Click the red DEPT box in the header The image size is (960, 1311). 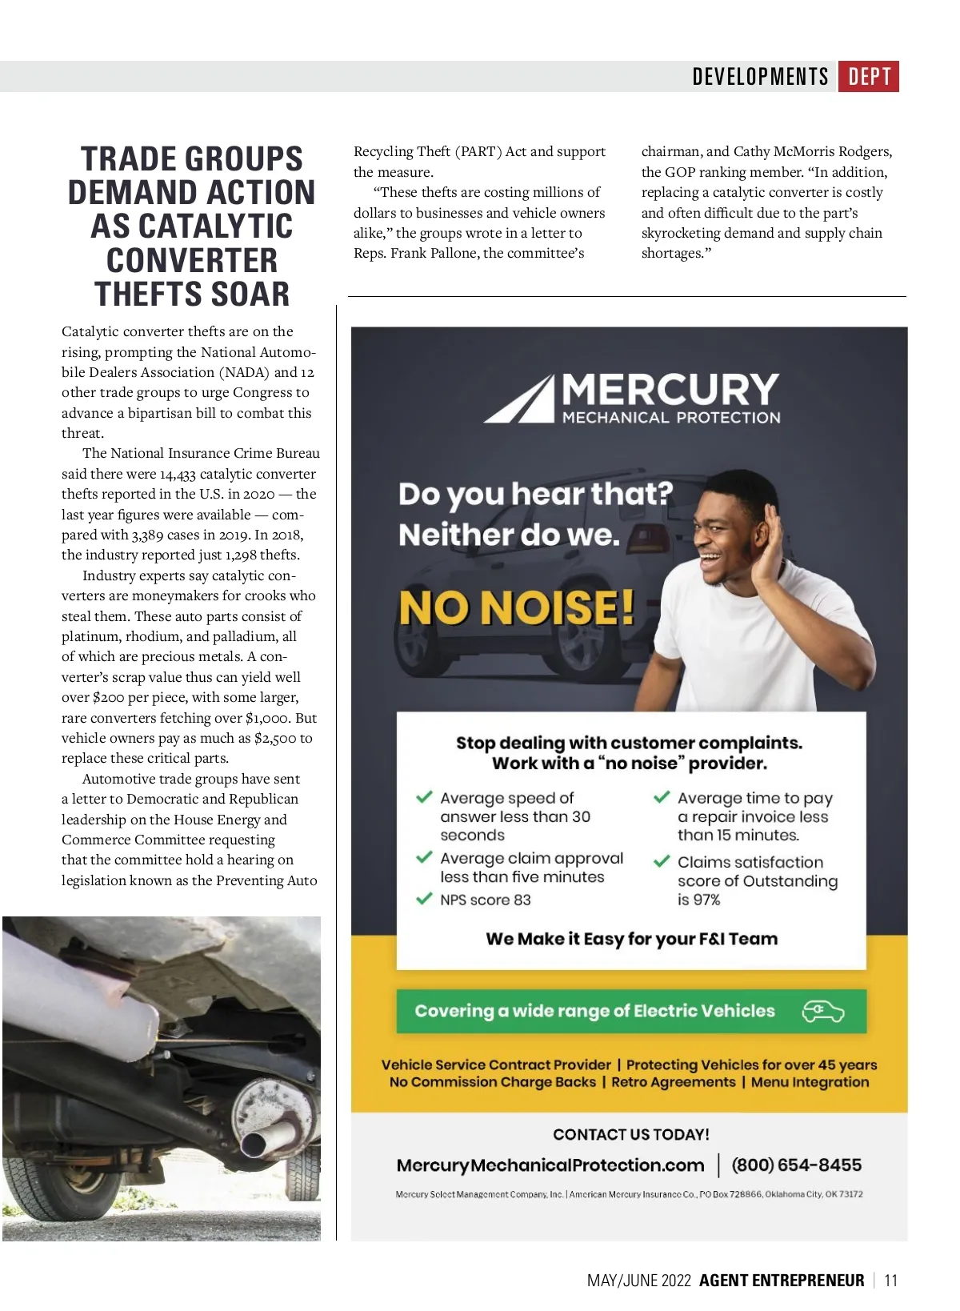coord(869,77)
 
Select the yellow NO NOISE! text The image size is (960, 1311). coord(517,607)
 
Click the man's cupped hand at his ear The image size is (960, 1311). coord(768,544)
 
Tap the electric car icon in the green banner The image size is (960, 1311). coord(823,1012)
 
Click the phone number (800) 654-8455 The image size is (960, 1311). coord(796,1165)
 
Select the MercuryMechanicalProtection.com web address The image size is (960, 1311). coord(550,1165)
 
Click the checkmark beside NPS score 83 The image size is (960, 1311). coord(424,899)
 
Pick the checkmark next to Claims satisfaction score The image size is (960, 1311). coord(662,862)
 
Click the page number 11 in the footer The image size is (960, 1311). coord(891,1281)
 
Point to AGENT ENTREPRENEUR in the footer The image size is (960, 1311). coord(782,1281)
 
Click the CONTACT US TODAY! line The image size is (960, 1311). coord(631,1135)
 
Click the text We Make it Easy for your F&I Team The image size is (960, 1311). coord(631,939)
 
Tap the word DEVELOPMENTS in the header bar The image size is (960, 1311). coord(760,77)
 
